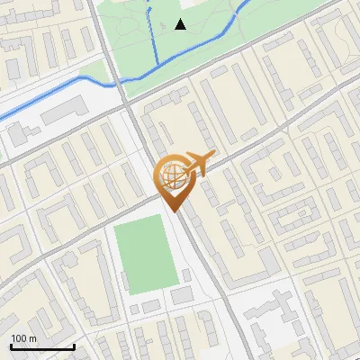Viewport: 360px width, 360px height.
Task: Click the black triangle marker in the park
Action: click(x=181, y=24)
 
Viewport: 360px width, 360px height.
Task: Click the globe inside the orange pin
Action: click(x=172, y=175)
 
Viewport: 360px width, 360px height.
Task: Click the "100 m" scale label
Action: click(x=24, y=338)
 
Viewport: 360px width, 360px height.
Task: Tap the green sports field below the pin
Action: click(x=146, y=256)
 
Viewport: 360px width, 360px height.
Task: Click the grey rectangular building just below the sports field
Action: click(x=182, y=295)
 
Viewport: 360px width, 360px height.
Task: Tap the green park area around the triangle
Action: click(x=207, y=45)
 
